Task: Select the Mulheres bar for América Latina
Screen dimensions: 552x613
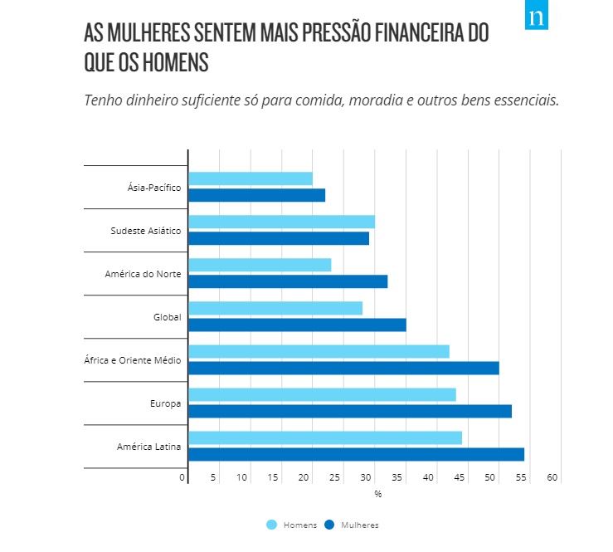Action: pyautogui.click(x=356, y=454)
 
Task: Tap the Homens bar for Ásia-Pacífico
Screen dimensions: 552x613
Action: pyautogui.click(x=251, y=178)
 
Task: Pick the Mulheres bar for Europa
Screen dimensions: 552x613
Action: pyautogui.click(x=350, y=411)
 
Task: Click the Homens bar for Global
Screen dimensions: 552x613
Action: pyautogui.click(x=275, y=308)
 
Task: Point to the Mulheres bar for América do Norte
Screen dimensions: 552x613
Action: pyautogui.click(x=288, y=281)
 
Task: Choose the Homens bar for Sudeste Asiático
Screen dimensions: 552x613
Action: pyautogui.click(x=281, y=222)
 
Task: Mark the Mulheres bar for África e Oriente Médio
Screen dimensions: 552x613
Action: pyautogui.click(x=343, y=368)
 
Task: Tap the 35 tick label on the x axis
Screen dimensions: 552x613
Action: pyautogui.click(x=397, y=477)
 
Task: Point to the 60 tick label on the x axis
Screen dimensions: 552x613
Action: pyautogui.click(x=552, y=477)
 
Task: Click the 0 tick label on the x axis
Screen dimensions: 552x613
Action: pyautogui.click(x=182, y=477)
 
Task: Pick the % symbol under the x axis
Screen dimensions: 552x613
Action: pyautogui.click(x=377, y=494)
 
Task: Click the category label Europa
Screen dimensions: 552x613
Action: pyautogui.click(x=165, y=404)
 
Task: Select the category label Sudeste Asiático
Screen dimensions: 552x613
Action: pyautogui.click(x=145, y=231)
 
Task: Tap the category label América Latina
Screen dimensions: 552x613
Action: pyautogui.click(x=148, y=447)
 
